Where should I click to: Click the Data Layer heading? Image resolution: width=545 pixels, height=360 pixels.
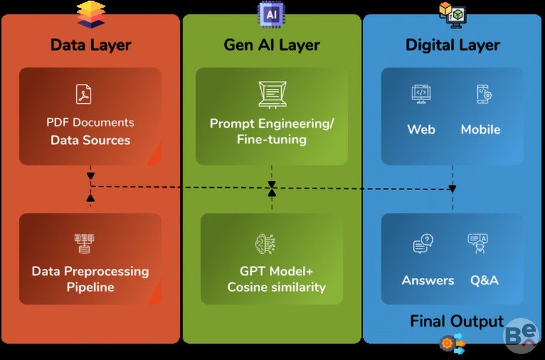click(x=91, y=45)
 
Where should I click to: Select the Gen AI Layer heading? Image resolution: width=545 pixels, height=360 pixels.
click(x=272, y=45)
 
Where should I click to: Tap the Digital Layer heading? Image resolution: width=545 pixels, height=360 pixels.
click(x=453, y=45)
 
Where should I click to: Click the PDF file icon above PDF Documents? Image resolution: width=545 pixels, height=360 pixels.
click(x=84, y=94)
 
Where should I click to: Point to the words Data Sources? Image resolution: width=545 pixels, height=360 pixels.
click(x=90, y=140)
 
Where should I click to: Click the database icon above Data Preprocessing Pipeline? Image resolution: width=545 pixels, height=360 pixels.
click(x=85, y=244)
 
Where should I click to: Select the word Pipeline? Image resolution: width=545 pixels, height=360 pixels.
click(x=90, y=287)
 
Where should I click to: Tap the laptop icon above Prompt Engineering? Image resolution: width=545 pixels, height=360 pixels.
click(x=272, y=94)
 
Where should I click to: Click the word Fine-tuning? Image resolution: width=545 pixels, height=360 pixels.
click(x=272, y=140)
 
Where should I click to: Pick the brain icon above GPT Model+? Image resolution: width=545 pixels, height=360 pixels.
click(x=265, y=244)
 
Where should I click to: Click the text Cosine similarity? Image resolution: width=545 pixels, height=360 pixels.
click(x=276, y=287)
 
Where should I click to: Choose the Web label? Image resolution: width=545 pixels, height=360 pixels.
click(x=421, y=130)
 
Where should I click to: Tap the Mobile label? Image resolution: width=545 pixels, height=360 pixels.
click(x=480, y=130)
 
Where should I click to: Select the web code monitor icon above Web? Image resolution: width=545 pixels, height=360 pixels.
click(x=421, y=94)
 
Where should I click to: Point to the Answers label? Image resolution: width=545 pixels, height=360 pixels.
click(x=427, y=280)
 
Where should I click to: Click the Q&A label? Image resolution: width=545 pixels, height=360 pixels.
click(x=484, y=280)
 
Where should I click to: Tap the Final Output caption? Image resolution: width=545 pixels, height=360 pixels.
click(x=456, y=322)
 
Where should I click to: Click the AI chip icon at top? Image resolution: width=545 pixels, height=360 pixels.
click(x=271, y=13)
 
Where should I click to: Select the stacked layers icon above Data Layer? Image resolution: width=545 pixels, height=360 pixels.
click(x=91, y=14)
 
